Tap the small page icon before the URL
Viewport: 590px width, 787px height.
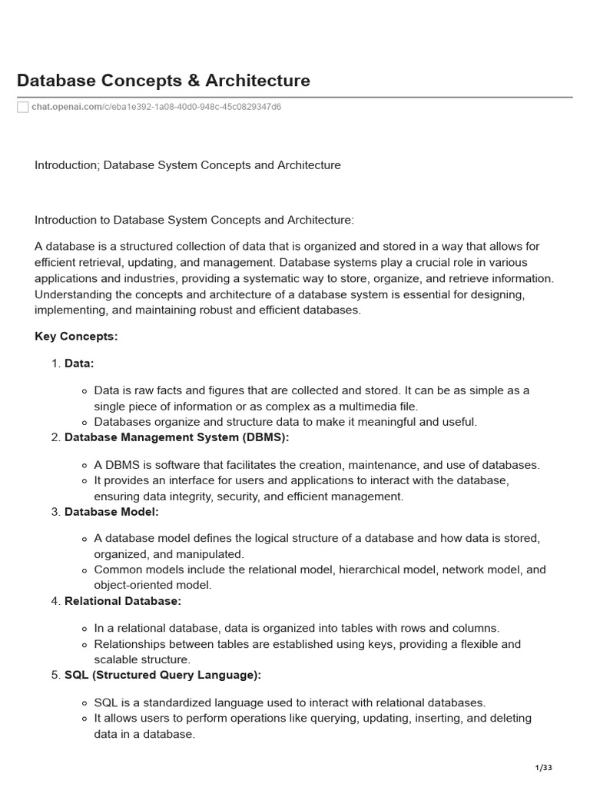(x=23, y=107)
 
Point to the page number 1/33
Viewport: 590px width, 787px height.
(x=543, y=768)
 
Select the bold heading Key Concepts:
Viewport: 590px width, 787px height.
(x=76, y=336)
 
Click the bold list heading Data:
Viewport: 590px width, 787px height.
(x=79, y=364)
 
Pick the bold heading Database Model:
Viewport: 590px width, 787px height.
(x=111, y=512)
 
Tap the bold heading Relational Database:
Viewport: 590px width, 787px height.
(x=123, y=601)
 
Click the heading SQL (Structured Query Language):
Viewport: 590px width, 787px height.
(x=163, y=675)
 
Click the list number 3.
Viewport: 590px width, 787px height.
(x=55, y=512)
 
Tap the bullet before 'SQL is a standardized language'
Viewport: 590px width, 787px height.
(x=85, y=703)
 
